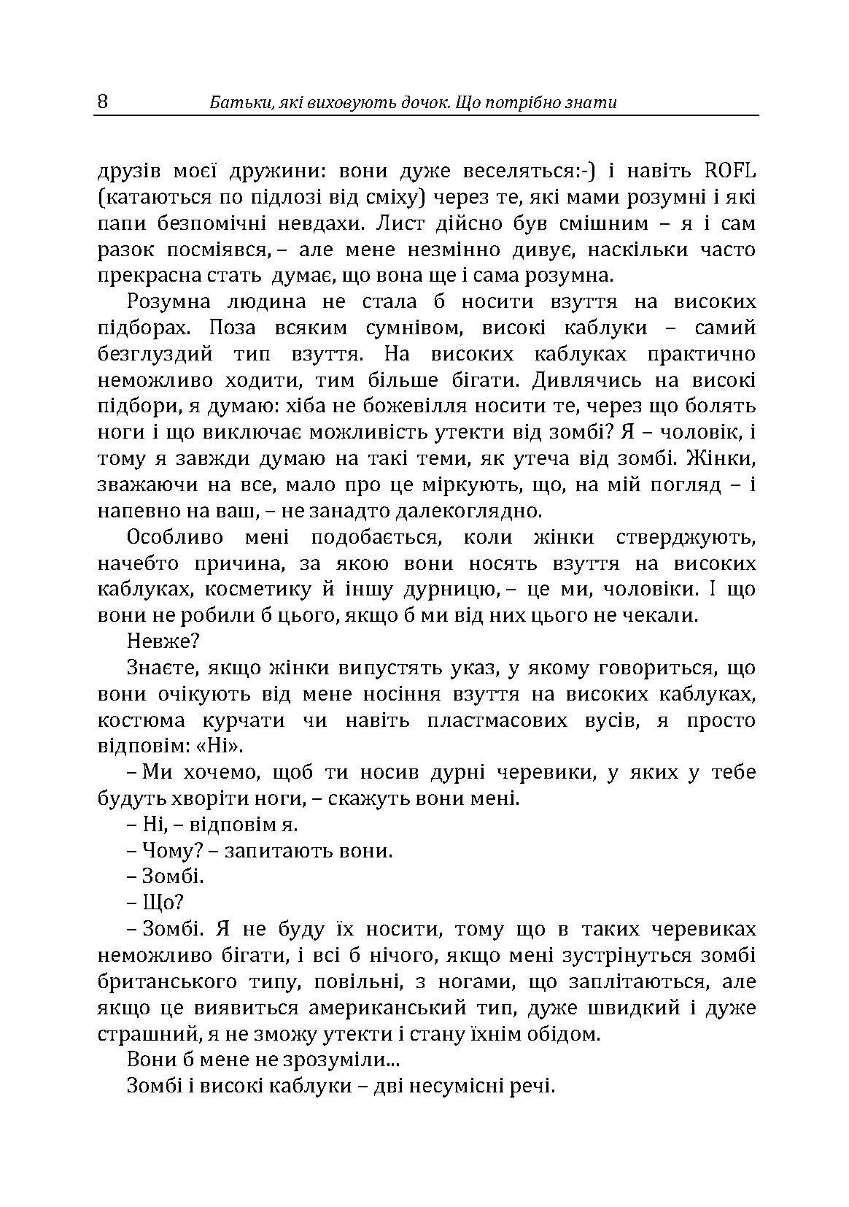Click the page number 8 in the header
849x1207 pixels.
102,101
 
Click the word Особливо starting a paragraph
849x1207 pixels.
171,538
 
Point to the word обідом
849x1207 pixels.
559,1034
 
